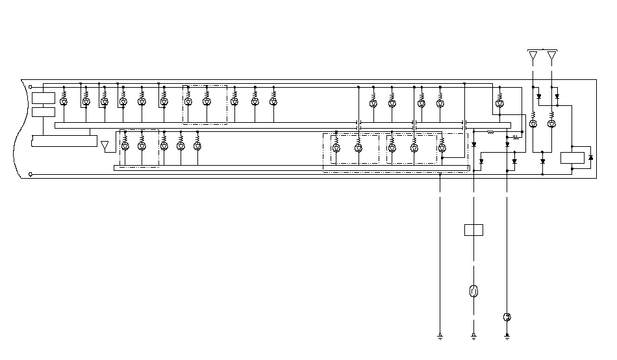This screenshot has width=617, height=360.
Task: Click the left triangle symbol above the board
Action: click(533, 55)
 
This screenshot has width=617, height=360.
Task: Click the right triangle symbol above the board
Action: click(552, 55)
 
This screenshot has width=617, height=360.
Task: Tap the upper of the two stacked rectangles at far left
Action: click(44, 98)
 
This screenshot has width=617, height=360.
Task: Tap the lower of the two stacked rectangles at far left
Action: click(44, 112)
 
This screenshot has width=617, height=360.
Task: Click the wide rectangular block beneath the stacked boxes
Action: click(63, 141)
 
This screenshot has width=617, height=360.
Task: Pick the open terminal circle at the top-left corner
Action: click(31, 86)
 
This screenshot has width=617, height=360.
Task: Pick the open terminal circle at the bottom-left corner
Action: click(31, 174)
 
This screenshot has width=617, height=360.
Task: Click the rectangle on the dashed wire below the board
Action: click(473, 229)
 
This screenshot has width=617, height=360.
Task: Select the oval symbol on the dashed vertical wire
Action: click(473, 290)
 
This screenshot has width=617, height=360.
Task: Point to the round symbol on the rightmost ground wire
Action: click(507, 317)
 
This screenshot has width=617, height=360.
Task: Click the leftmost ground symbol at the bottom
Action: click(440, 337)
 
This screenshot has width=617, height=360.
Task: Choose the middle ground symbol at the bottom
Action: click(473, 337)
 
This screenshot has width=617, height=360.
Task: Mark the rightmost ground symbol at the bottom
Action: click(507, 337)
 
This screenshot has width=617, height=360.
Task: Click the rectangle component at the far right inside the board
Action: click(571, 158)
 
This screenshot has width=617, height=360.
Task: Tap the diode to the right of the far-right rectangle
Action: click(590, 158)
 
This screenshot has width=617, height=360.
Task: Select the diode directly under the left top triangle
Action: click(538, 97)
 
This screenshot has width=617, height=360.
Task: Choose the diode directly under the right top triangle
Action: click(557, 97)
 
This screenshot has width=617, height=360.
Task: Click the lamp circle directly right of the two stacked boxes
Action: click(64, 102)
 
